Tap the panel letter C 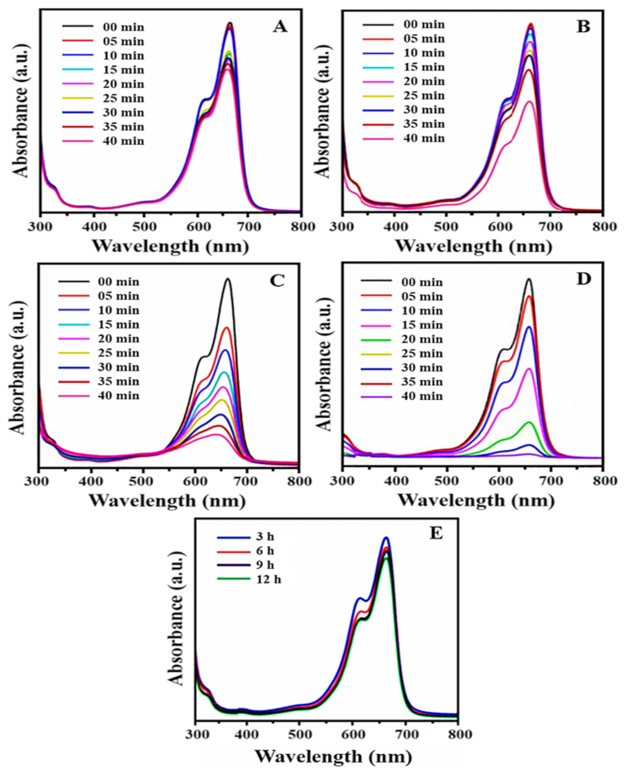pyautogui.click(x=281, y=279)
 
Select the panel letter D pyautogui.click(x=583, y=279)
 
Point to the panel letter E pyautogui.click(x=436, y=534)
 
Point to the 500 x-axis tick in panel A pyautogui.click(x=145, y=227)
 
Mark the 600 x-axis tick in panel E pyautogui.click(x=353, y=734)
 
